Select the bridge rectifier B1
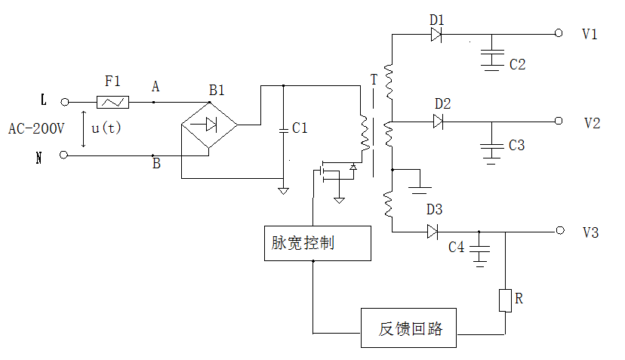pos(209,125)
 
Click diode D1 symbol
pos(436,34)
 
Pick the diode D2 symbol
pos(439,122)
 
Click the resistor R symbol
pos(505,300)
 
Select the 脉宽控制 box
pos(318,244)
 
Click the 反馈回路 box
pos(408,328)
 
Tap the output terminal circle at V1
pos(559,34)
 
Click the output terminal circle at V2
pos(559,122)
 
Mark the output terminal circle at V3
pos(559,232)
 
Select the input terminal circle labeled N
pos(65,155)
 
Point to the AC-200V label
pos(35,128)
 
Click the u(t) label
pos(106,128)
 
